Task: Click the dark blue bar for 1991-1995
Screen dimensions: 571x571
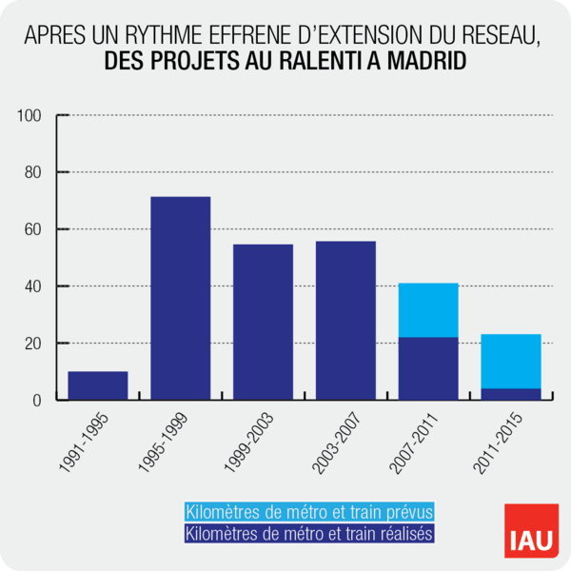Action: pyautogui.click(x=98, y=385)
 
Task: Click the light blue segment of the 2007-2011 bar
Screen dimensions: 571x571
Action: pyautogui.click(x=428, y=310)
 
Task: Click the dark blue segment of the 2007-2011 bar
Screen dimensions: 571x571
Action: pyautogui.click(x=428, y=368)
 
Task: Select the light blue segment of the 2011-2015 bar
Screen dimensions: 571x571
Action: pyautogui.click(x=511, y=361)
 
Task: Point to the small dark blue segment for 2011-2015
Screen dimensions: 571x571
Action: pyautogui.click(x=511, y=394)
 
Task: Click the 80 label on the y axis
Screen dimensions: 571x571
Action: pyautogui.click(x=34, y=172)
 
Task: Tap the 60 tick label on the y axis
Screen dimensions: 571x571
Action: pyautogui.click(x=34, y=229)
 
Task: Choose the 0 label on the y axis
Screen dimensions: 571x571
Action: pyautogui.click(x=38, y=400)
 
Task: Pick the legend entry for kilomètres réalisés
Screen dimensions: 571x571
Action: pyautogui.click(x=310, y=534)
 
